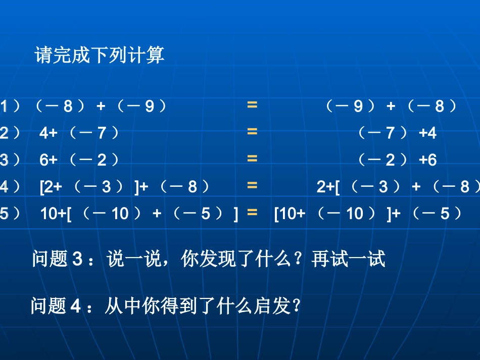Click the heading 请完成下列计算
[x=100, y=56]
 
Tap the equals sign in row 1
[x=252, y=105]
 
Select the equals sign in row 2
[x=252, y=132]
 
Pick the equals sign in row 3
[x=252, y=159]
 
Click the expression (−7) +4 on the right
[x=397, y=133]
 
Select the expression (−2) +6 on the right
[x=397, y=160]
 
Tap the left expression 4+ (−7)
[x=80, y=133]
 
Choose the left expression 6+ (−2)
[x=80, y=160]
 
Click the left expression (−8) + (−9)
[x=100, y=107]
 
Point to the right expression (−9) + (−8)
[x=391, y=107]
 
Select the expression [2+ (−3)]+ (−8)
[x=124, y=187]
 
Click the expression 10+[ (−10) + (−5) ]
[x=139, y=214]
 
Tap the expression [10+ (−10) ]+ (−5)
[x=368, y=214]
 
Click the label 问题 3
[x=57, y=259]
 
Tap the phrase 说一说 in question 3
[x=131, y=259]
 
